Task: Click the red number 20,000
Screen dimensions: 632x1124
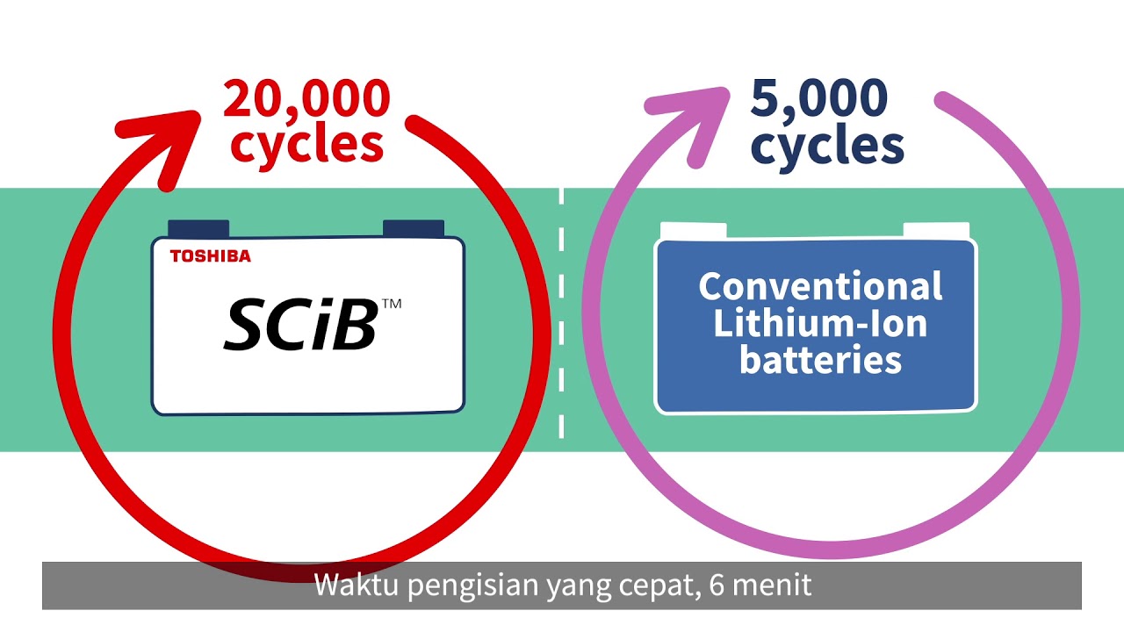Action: coord(306,98)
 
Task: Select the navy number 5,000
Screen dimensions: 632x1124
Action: coord(818,98)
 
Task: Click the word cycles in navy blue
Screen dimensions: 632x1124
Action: coord(827,145)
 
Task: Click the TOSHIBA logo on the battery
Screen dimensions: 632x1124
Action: coord(210,256)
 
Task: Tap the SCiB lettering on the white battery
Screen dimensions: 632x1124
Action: coord(300,324)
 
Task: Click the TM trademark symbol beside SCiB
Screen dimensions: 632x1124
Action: coord(392,304)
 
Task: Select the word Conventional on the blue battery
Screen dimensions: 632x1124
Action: coord(820,287)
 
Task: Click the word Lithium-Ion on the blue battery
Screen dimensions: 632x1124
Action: coord(820,324)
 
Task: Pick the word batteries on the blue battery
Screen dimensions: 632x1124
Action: coord(820,360)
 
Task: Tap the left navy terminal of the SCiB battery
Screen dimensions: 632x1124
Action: coord(198,228)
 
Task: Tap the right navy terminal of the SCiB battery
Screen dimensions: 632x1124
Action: coord(413,228)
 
